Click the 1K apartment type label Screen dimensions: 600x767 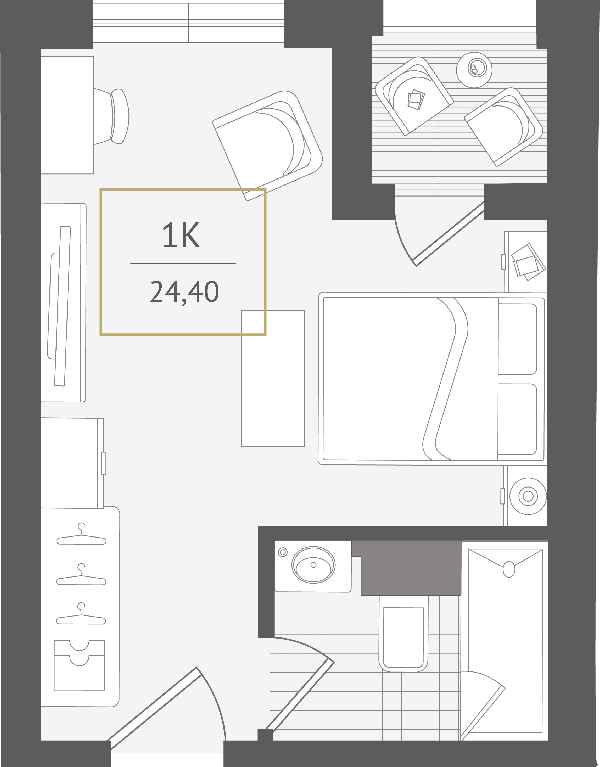[x=181, y=235]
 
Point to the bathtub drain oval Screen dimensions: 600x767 [x=509, y=569]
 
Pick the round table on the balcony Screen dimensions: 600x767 [x=474, y=70]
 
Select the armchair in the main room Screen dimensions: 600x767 [x=267, y=146]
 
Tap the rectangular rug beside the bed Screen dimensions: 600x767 [x=273, y=378]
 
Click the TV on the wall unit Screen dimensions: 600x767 [x=59, y=306]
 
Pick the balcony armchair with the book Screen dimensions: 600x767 [x=414, y=96]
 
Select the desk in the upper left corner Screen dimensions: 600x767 [x=68, y=115]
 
